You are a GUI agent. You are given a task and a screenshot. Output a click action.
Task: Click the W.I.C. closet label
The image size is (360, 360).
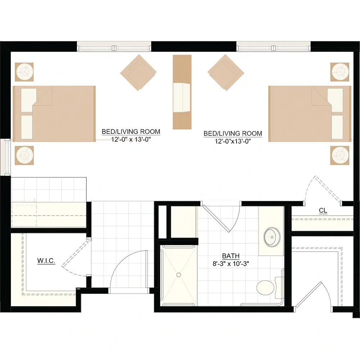click(x=46, y=261)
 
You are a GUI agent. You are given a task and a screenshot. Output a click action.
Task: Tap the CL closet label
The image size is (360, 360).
click(x=323, y=210)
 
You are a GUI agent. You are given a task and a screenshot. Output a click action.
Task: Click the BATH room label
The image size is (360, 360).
click(x=231, y=256)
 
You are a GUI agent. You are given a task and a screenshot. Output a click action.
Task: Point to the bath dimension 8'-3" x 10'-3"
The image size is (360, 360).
click(x=231, y=264)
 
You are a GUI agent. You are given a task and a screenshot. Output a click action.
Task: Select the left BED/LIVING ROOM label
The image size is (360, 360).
click(x=131, y=131)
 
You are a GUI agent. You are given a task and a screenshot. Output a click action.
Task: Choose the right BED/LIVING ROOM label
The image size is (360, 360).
click(x=233, y=134)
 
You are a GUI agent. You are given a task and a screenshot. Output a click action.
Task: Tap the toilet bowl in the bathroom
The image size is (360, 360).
click(x=265, y=288)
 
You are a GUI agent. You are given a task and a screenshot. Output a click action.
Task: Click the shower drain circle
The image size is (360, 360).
click(x=179, y=275)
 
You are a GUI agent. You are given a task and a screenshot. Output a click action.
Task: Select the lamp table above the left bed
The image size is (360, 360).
click(x=24, y=72)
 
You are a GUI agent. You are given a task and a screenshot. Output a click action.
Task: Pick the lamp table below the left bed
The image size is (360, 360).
click(x=24, y=155)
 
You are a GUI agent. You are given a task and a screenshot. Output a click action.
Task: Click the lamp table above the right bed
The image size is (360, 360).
click(x=340, y=72)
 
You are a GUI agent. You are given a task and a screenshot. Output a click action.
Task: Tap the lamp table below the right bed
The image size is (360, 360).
click(x=340, y=155)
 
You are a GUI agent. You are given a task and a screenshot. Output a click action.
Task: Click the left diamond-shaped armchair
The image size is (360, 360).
click(x=138, y=72)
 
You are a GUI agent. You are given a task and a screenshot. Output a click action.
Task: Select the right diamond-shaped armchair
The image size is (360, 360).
click(x=226, y=72)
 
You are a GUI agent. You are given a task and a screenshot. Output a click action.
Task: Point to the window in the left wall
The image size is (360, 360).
click(x=8, y=157)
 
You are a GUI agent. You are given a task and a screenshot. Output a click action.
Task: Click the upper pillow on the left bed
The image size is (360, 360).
click(x=29, y=100)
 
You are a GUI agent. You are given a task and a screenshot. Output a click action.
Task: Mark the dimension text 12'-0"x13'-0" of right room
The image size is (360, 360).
click(x=233, y=141)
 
